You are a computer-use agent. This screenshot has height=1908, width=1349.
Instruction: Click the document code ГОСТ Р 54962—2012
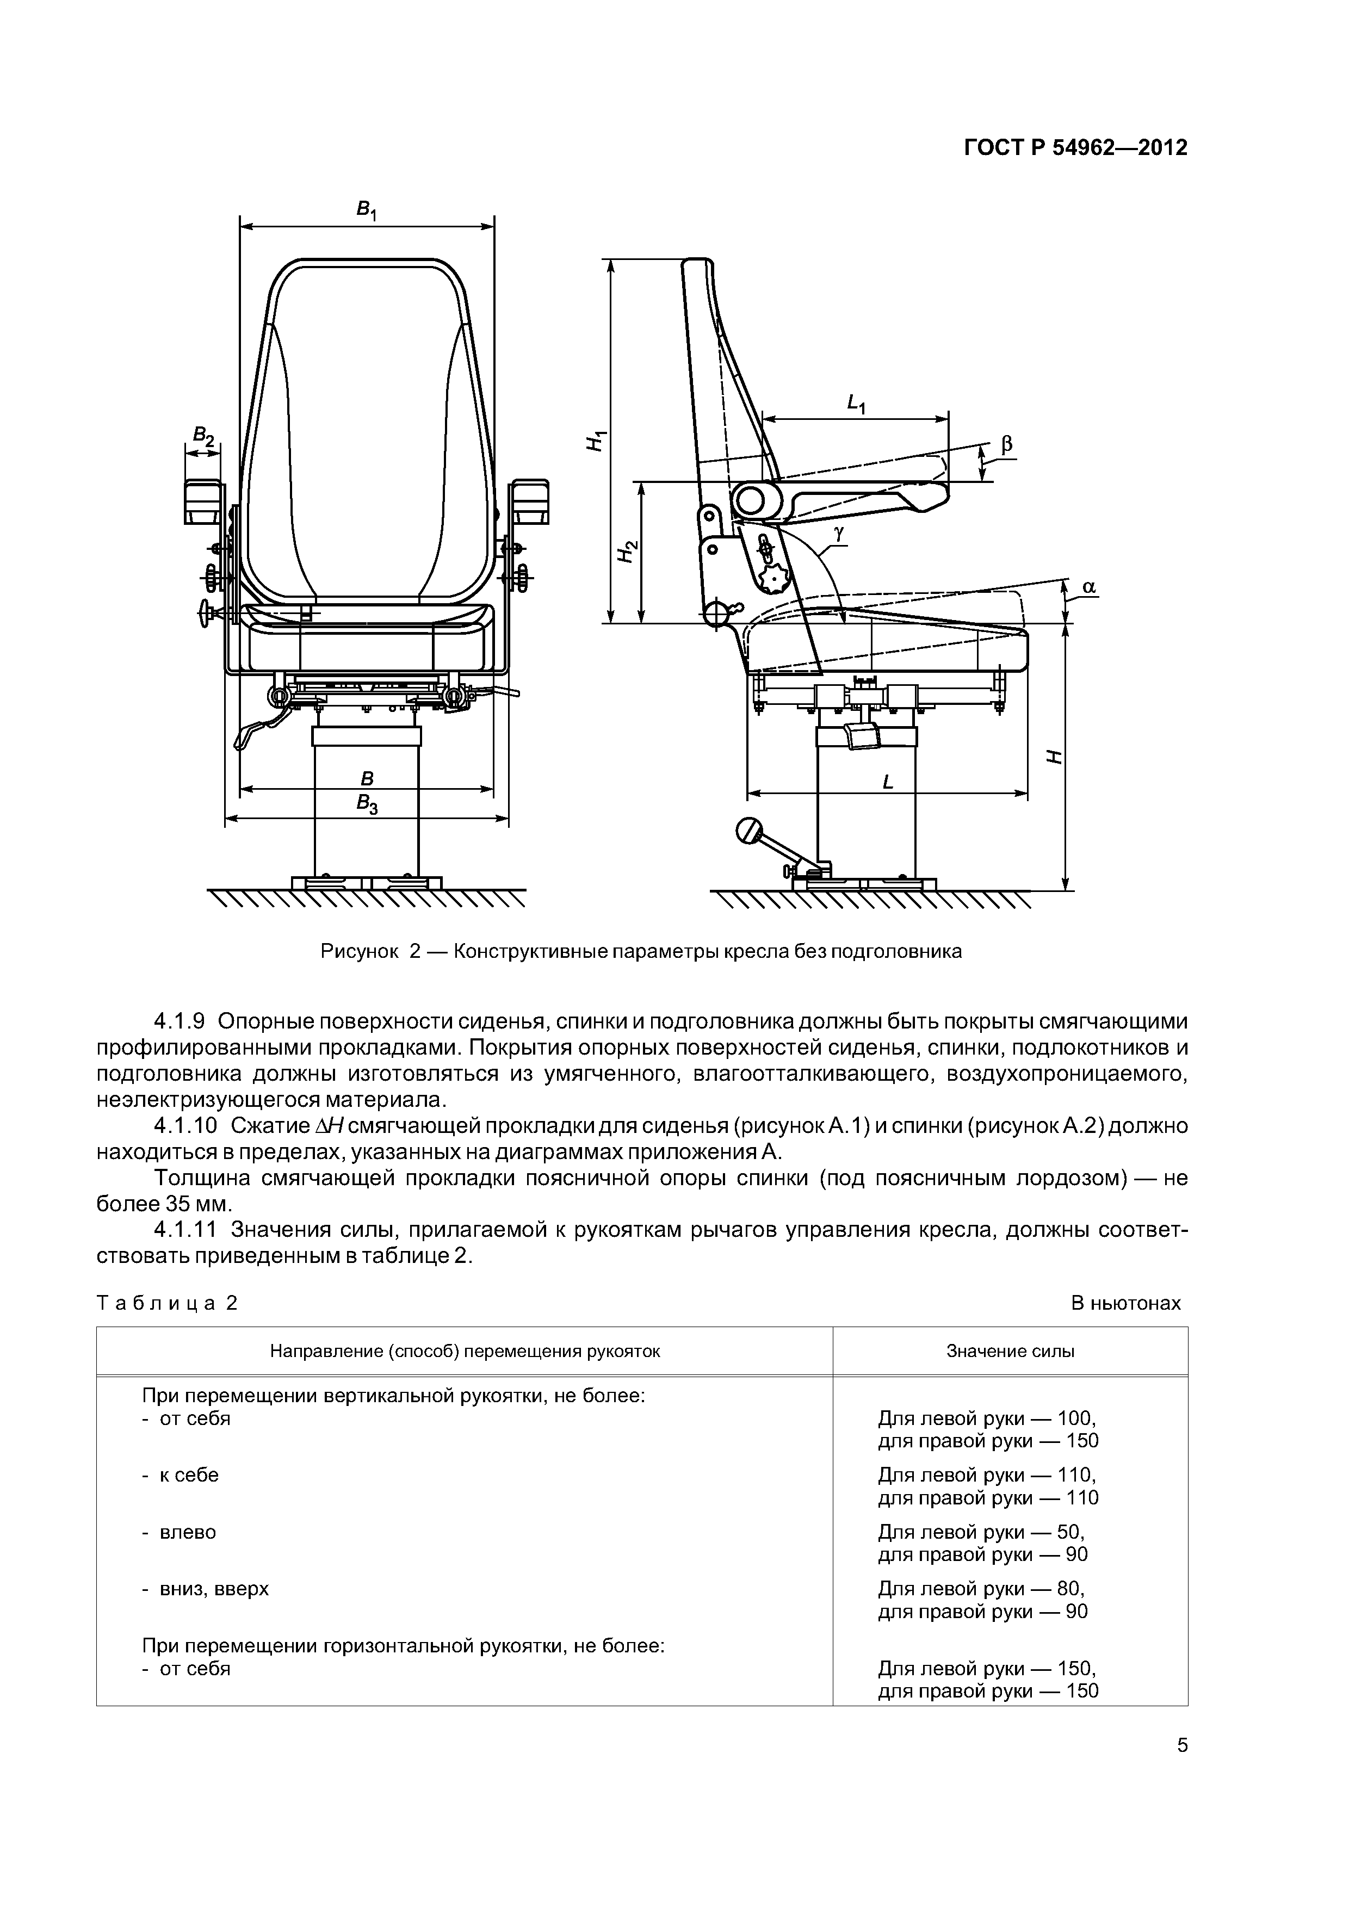click(1075, 148)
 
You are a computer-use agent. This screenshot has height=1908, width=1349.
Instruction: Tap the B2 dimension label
click(203, 435)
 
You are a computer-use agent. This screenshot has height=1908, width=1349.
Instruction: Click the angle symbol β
click(1006, 445)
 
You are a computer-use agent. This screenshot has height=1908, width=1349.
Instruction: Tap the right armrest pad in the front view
click(529, 501)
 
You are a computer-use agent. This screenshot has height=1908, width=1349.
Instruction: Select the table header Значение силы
click(1010, 1351)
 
